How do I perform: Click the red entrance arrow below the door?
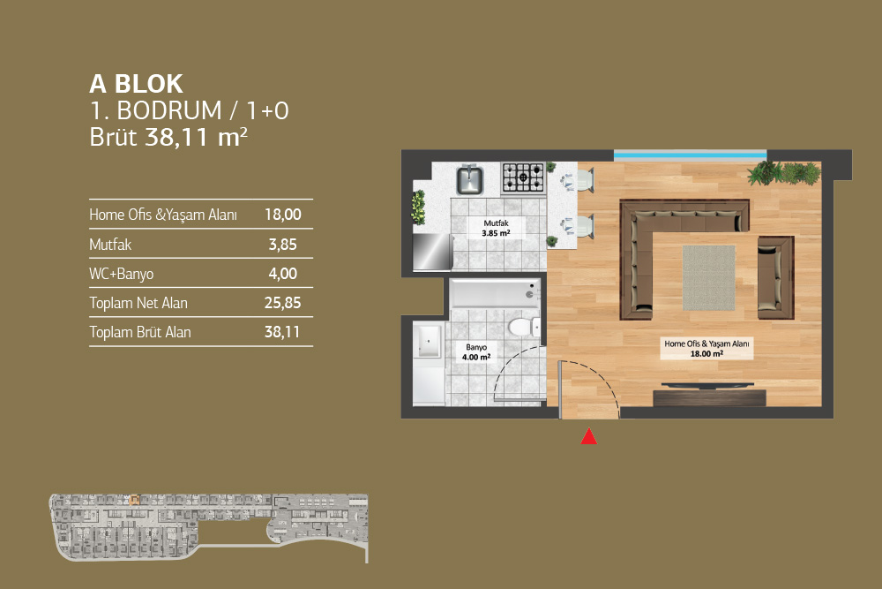coord(589,436)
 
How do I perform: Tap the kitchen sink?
coord(469,179)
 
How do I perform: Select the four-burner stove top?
coord(523,177)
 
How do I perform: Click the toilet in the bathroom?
coord(523,327)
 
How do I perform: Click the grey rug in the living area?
coord(709,277)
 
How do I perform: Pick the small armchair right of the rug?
coord(775,277)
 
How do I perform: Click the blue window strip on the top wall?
coord(691,155)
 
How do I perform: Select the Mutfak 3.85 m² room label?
coord(496,228)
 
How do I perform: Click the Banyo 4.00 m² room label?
coord(476,352)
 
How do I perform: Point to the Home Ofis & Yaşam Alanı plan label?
coord(706,349)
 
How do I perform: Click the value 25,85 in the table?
coord(282,303)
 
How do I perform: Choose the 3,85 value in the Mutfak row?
coord(282,245)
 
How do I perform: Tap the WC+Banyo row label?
coord(122,274)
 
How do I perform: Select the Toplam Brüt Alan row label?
coord(140,332)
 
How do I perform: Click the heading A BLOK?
coord(136,84)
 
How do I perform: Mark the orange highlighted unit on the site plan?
coord(134,500)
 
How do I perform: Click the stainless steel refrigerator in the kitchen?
coord(432,252)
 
